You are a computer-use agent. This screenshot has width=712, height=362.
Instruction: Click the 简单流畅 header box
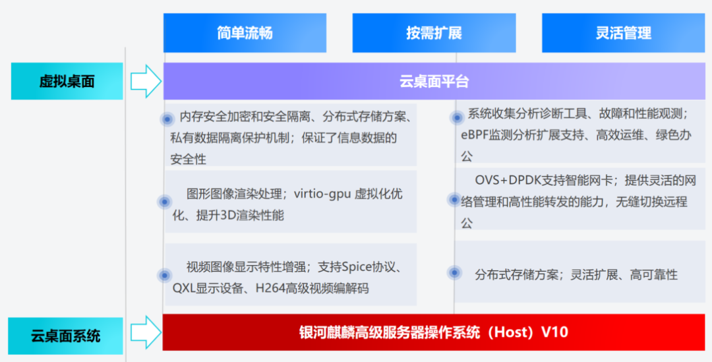245,33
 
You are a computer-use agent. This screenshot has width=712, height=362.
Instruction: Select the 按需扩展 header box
434,33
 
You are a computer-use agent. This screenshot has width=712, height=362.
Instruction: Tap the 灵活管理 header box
624,33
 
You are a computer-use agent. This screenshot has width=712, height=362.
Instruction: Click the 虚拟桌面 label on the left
67,81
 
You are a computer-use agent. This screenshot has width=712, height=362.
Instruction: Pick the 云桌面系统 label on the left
66,336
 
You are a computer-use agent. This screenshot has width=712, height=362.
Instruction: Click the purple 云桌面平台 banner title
434,81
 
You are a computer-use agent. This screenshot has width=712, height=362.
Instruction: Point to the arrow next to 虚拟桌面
146,81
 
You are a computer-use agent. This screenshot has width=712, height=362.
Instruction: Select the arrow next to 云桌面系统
146,332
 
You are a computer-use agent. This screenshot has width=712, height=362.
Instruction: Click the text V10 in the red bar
555,332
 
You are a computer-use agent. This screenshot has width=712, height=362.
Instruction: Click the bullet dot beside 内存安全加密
167,119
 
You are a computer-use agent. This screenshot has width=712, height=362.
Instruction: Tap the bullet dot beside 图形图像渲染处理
164,202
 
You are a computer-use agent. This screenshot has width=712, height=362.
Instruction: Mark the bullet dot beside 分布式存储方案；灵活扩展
454,272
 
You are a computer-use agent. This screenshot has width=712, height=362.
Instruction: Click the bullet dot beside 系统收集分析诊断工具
457,117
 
